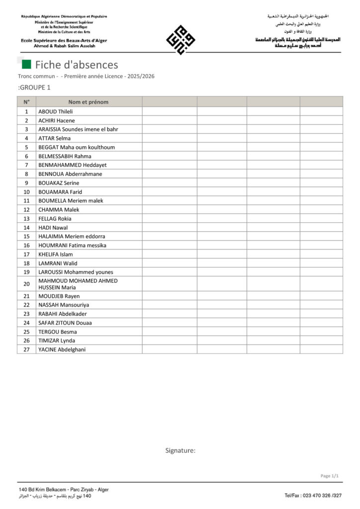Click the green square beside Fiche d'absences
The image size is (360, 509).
(27, 64)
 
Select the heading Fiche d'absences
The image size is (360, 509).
(76, 65)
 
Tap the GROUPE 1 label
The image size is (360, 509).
(34, 87)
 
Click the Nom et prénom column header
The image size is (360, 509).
(88, 102)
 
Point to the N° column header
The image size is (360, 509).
(26, 102)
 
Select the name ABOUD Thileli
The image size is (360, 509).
(55, 111)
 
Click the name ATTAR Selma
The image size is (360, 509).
(54, 138)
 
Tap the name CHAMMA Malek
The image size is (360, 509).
(59, 210)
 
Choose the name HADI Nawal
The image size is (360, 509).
(53, 228)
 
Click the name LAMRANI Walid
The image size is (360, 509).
(58, 263)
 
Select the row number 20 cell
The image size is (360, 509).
(26, 284)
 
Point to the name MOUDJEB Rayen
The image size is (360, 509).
(59, 296)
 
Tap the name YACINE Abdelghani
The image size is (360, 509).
(62, 349)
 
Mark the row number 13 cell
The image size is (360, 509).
(26, 219)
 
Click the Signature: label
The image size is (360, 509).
(180, 450)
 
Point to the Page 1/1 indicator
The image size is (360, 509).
(329, 476)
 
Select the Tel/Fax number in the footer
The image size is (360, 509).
(313, 496)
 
